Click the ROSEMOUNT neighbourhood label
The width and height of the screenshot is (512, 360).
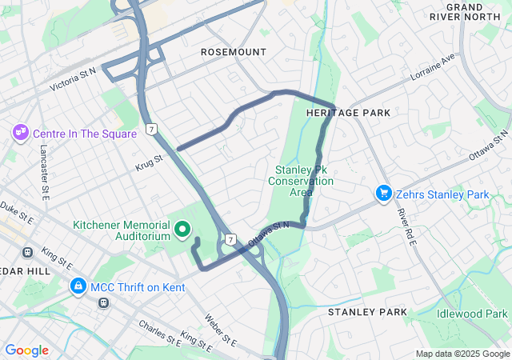pos(233,52)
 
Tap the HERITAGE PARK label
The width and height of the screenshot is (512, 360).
pos(348,113)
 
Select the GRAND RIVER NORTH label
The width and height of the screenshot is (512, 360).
pos(476,11)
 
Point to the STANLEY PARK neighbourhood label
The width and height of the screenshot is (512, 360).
pos(367,311)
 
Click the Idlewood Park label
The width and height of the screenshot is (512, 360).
pos(472,313)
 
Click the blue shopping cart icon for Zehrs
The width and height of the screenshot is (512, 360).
pos(384,194)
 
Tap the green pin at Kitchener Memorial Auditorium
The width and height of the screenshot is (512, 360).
pos(183,230)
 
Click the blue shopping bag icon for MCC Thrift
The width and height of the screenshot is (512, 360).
pos(78,285)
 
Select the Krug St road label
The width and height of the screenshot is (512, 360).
pos(149,159)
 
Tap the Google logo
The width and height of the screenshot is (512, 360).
pos(26,350)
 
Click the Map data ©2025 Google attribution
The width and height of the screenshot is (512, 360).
pos(462,354)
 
